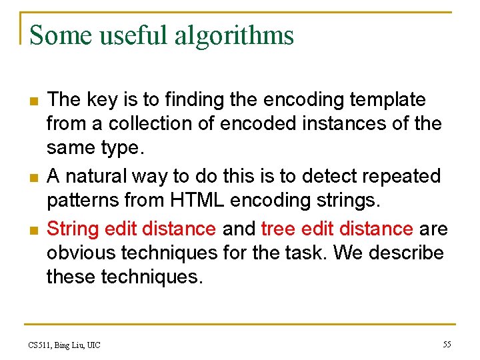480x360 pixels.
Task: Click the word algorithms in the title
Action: pyautogui.click(x=234, y=35)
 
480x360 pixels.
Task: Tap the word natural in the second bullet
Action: pyautogui.click(x=100, y=177)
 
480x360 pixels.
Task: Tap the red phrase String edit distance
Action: pyautogui.click(x=131, y=229)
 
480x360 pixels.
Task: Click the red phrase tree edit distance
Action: pyautogui.click(x=337, y=229)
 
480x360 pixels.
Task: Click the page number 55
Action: pyautogui.click(x=447, y=344)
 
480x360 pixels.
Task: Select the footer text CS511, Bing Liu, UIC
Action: pyautogui.click(x=65, y=345)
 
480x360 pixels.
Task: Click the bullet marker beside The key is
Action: pyautogui.click(x=31, y=101)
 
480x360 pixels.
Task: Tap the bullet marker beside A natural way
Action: pyautogui.click(x=31, y=178)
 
